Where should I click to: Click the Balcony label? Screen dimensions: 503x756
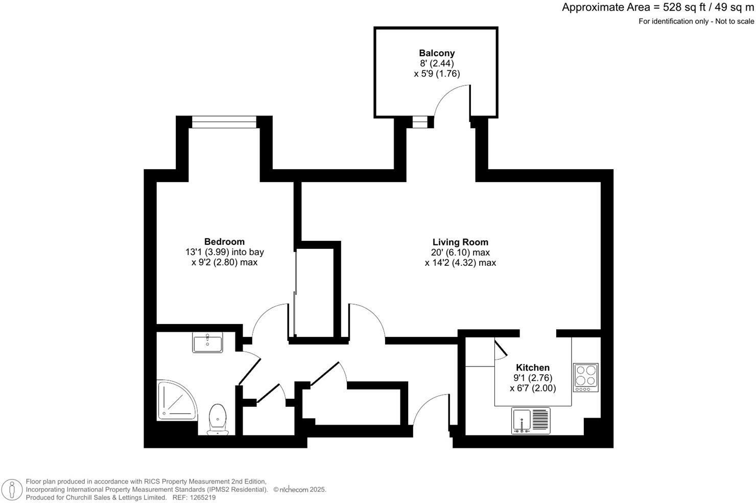[437, 53]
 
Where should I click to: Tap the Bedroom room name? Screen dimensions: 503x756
[224, 242]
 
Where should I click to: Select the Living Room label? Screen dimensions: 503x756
[460, 242]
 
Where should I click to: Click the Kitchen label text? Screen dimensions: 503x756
[533, 368]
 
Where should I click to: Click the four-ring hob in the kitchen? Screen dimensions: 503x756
[586, 377]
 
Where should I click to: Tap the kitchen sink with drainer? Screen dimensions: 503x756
[531, 421]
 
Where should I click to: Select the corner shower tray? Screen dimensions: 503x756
[175, 400]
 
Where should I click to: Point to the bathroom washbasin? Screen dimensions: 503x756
[207, 342]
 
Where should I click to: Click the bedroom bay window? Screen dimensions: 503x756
[224, 122]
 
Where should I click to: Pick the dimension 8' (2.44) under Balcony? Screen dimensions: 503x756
[437, 63]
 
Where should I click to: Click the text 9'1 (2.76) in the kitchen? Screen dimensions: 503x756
[533, 378]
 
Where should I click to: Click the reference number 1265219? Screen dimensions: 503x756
[202, 497]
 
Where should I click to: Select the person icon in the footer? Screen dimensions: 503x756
[12, 490]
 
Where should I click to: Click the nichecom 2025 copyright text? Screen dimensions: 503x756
[300, 490]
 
